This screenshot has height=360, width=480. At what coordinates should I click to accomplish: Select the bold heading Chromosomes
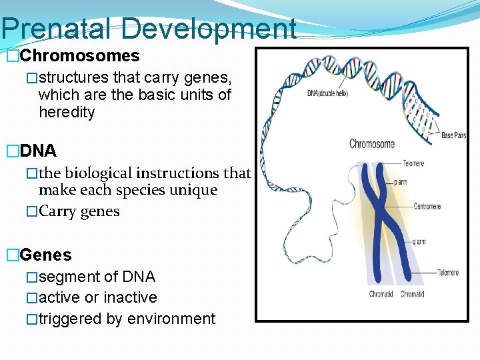80,56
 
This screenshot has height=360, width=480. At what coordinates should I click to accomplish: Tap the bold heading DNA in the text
39,151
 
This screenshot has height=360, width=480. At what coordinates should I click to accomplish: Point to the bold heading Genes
46,255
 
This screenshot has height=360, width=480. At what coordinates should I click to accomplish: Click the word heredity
67,113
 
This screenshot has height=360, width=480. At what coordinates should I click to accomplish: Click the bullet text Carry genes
79,211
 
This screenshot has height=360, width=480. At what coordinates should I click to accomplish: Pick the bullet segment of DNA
97,277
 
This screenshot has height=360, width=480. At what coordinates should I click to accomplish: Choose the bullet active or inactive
98,297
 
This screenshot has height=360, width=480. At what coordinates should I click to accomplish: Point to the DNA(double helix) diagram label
327,93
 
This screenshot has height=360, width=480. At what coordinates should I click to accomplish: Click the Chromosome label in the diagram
372,144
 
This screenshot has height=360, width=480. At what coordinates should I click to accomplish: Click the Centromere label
427,207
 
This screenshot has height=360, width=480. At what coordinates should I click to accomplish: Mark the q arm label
418,242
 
